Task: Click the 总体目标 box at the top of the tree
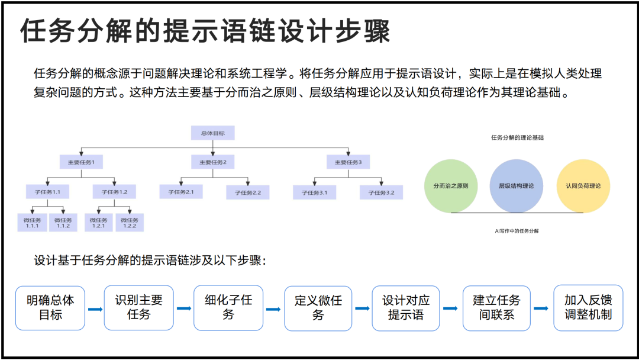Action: [212, 133]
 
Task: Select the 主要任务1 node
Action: [81, 162]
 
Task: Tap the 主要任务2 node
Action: [212, 162]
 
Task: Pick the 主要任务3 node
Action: [348, 162]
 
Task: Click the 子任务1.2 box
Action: [114, 192]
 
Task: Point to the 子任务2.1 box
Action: [181, 192]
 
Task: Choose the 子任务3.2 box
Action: [381, 192]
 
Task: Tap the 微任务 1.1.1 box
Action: [32, 223]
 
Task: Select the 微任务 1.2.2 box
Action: [130, 223]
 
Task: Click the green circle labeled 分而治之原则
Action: [451, 186]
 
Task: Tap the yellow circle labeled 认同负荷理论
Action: [583, 186]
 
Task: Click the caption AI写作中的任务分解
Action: [517, 231]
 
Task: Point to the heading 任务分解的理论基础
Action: [517, 137]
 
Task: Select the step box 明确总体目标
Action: [50, 308]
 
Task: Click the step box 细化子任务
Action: [228, 308]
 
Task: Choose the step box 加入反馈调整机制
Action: [588, 308]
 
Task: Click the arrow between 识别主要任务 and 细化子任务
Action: [184, 308]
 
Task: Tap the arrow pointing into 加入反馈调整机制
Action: [541, 308]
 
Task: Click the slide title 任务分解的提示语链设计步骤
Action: [205, 31]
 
